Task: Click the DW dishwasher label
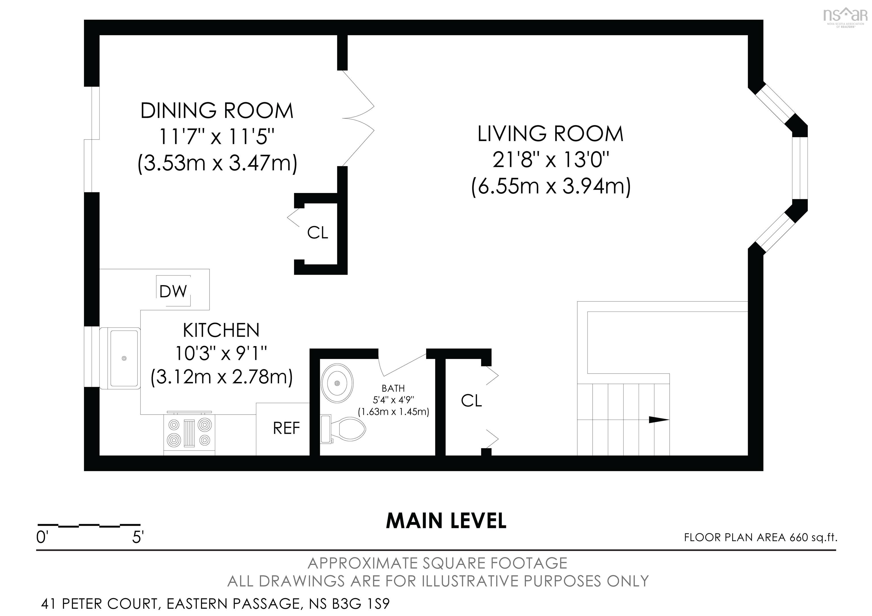[173, 291]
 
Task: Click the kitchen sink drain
[124, 358]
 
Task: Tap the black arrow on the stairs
[658, 420]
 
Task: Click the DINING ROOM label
[217, 111]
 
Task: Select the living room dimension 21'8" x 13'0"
[551, 160]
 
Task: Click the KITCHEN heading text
[221, 330]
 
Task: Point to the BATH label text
[393, 388]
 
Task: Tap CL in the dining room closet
[318, 233]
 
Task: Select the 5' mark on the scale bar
[137, 537]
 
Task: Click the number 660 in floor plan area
[798, 537]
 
